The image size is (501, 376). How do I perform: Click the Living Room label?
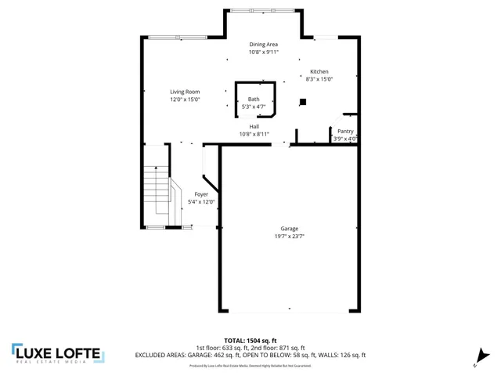pyautogui.click(x=185, y=92)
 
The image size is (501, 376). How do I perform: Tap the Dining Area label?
pyautogui.click(x=263, y=45)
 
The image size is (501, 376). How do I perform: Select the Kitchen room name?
pyautogui.click(x=319, y=71)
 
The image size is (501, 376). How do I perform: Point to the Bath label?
pyautogui.click(x=254, y=99)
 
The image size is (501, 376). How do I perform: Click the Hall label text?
pyautogui.click(x=254, y=126)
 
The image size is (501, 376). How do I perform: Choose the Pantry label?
pyautogui.click(x=345, y=131)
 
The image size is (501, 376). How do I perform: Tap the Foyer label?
pyautogui.click(x=201, y=193)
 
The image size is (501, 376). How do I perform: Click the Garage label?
pyautogui.click(x=289, y=228)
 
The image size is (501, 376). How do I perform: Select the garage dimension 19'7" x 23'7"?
pyautogui.click(x=289, y=236)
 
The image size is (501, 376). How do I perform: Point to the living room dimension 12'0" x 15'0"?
pyautogui.click(x=185, y=99)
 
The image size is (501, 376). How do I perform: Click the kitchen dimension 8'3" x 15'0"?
pyautogui.click(x=319, y=79)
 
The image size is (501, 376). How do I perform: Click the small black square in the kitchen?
pyautogui.click(x=304, y=100)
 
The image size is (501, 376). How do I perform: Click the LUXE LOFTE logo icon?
pyautogui.click(x=17, y=352)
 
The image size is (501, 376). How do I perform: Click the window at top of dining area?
pyautogui.click(x=263, y=10)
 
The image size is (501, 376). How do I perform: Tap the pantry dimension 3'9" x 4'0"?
pyautogui.click(x=345, y=139)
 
